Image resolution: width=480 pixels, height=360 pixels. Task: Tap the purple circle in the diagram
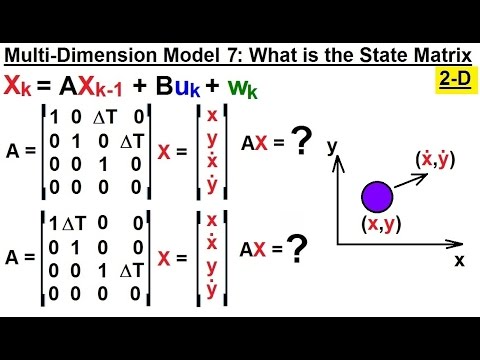point(377,195)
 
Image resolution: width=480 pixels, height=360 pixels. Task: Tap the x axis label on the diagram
point(460,259)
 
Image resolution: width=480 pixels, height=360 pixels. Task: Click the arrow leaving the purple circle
point(405,177)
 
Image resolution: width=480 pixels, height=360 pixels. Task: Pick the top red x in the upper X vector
point(211,116)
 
